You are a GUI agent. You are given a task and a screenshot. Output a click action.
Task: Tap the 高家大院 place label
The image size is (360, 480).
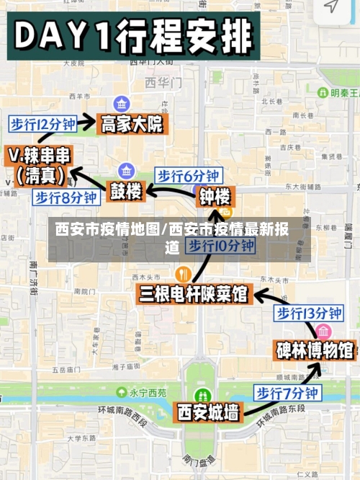click(x=132, y=124)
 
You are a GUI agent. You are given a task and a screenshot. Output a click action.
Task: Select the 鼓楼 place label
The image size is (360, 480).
click(x=127, y=192)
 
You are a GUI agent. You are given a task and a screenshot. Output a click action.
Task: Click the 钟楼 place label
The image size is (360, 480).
click(x=215, y=196)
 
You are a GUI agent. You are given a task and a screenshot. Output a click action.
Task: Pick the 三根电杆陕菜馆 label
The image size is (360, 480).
click(x=193, y=294)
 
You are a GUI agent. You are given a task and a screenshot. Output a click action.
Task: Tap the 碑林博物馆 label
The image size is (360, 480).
click(x=315, y=350)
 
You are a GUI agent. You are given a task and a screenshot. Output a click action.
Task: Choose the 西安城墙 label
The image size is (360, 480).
click(x=208, y=412)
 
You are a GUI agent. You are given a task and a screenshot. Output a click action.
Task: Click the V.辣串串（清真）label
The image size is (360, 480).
click(x=40, y=165)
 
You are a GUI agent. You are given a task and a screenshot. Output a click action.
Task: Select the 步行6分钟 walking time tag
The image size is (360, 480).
click(x=188, y=175)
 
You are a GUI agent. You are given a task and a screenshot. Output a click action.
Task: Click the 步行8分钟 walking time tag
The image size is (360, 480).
click(x=66, y=197)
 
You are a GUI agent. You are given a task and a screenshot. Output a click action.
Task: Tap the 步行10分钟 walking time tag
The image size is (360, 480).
click(x=221, y=246)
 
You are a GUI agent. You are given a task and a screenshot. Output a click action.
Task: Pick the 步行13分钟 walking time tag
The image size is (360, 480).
click(x=309, y=313)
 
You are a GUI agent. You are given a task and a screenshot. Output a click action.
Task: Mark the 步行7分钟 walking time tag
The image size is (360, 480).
click(x=287, y=393)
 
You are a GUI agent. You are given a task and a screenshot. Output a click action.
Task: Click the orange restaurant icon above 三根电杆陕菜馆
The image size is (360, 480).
click(x=182, y=274)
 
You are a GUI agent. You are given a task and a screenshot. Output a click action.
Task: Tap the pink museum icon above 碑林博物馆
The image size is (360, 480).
click(x=323, y=331)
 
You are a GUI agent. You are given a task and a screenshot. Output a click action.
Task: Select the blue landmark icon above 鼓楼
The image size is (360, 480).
click(x=127, y=171)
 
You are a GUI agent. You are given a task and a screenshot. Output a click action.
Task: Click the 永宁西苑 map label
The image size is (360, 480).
click(x=147, y=393)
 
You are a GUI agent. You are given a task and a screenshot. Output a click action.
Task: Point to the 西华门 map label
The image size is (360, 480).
click(x=158, y=81)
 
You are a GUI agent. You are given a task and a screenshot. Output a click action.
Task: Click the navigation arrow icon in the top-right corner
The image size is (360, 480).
click(x=330, y=6)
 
